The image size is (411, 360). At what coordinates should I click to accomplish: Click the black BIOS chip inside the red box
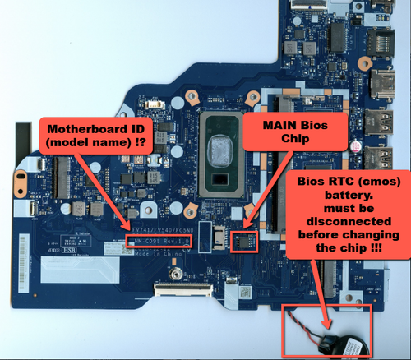244,242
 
